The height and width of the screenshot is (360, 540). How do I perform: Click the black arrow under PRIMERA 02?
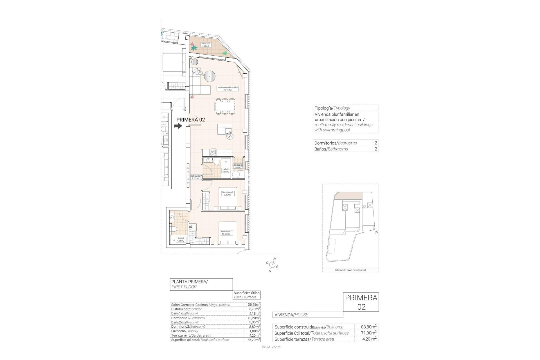(178, 126)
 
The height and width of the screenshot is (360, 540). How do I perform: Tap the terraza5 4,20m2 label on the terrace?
(206, 45)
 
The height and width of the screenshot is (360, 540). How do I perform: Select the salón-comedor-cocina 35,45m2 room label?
(228, 89)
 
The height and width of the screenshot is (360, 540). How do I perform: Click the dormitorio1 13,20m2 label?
(227, 233)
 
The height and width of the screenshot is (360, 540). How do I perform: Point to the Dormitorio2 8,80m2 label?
(227, 193)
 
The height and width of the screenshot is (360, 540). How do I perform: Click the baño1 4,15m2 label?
(181, 239)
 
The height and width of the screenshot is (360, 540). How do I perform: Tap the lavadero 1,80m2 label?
(238, 166)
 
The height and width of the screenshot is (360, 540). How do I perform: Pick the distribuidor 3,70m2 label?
(195, 177)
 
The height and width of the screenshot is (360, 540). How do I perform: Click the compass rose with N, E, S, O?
(272, 264)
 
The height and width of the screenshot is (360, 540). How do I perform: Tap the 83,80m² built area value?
(368, 327)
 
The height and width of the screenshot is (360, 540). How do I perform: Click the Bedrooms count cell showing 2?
(376, 143)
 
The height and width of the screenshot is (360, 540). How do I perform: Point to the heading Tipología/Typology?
(332, 108)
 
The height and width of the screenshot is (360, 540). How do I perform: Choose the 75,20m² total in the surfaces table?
(252, 340)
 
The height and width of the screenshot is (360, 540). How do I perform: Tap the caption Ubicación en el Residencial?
(350, 270)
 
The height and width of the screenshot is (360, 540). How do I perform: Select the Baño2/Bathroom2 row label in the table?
(185, 322)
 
